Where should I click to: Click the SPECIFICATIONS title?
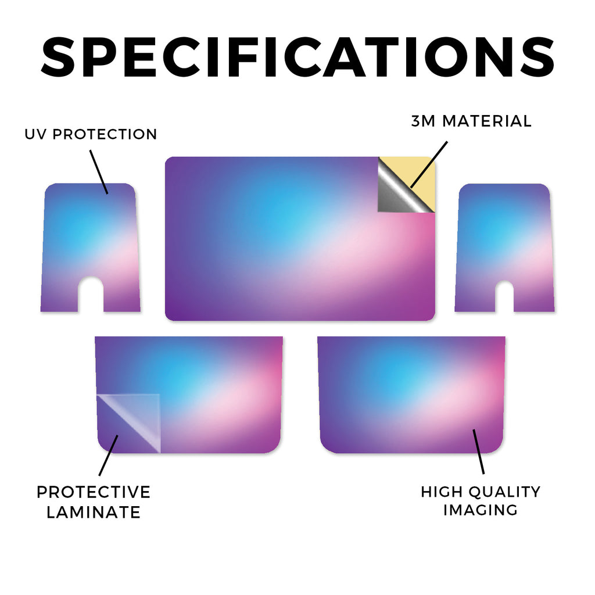point(297,57)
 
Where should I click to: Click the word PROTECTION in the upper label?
point(105,134)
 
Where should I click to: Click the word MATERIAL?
point(487,121)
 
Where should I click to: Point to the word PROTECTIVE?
point(94,492)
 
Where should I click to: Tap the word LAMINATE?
point(94,512)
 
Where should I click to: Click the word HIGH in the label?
point(442,492)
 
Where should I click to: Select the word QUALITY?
point(504,492)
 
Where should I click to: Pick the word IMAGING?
point(481,510)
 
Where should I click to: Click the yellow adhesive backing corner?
point(417,174)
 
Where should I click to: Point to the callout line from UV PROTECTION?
point(99,172)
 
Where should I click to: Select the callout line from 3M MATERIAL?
point(429,164)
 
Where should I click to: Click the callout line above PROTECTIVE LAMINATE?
point(109,456)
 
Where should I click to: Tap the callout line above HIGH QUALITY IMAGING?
point(479,451)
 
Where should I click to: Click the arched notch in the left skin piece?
point(91,294)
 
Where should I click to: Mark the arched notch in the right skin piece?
point(504,296)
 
